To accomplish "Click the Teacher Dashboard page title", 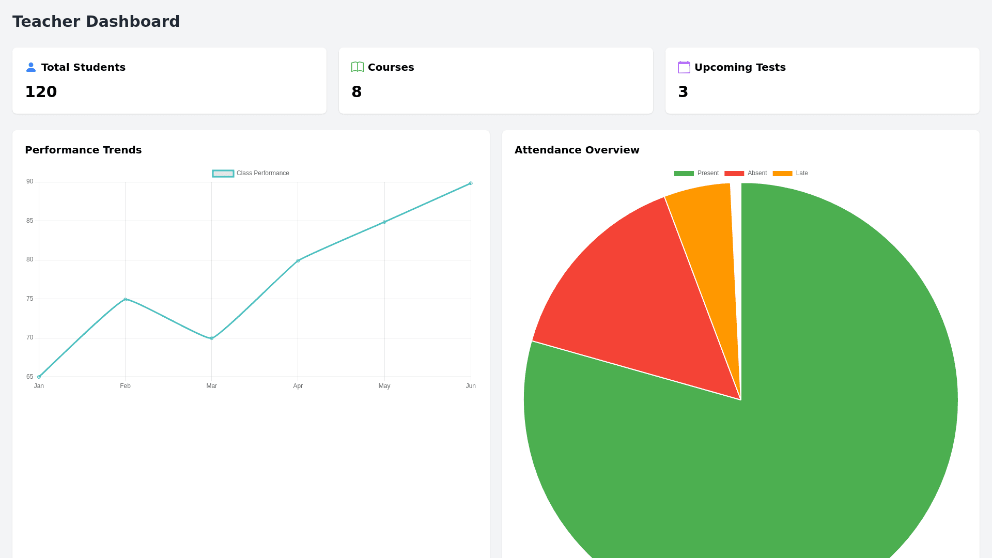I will point(96,22).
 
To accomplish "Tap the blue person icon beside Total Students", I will point(31,67).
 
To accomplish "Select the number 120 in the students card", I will point(41,92).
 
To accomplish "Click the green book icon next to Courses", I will point(358,67).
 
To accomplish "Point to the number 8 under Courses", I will point(357,92).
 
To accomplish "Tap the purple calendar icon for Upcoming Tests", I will point(684,67).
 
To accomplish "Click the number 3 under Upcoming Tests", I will point(683,92).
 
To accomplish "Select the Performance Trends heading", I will point(83,150).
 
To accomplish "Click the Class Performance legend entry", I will point(251,173).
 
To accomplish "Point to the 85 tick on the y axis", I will point(30,221).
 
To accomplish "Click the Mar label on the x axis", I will point(212,386).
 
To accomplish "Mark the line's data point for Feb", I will point(126,299).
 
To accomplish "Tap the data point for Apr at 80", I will point(298,260).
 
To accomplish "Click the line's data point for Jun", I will point(471,183).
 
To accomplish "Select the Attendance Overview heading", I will point(577,150).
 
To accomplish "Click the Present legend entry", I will point(696,173).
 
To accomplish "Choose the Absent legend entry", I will point(746,173).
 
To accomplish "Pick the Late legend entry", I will point(791,173).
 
